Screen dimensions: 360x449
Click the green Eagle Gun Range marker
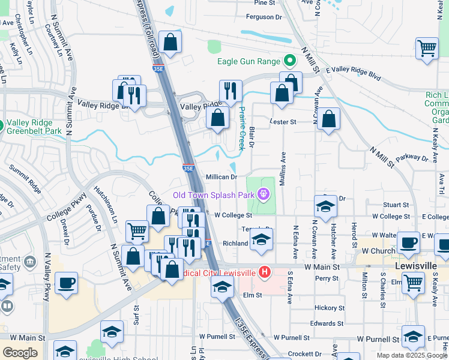[289, 61]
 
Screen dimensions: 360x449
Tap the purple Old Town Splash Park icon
[262, 194]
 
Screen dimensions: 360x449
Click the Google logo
[20, 353]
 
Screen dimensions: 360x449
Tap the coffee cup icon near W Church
[408, 243]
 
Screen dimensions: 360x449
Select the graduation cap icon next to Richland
[261, 239]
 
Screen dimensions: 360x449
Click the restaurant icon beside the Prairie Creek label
[231, 91]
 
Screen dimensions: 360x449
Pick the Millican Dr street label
[222, 177]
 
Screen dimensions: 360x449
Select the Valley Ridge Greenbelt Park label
[35, 126]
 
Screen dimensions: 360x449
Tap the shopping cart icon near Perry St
[412, 282]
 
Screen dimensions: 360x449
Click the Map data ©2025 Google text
[411, 355]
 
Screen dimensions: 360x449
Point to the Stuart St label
[396, 205]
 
